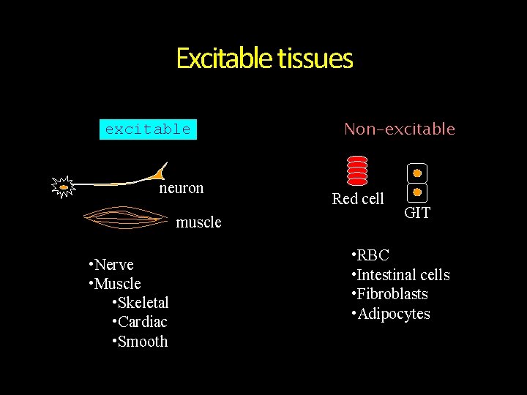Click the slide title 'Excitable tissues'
[x=264, y=59]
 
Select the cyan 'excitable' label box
[x=148, y=129]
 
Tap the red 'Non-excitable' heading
[x=400, y=129]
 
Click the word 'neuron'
[x=182, y=188]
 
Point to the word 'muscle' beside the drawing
[x=198, y=222]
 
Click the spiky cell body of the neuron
[x=64, y=187]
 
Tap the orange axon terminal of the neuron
[x=157, y=174]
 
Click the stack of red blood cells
[x=357, y=170]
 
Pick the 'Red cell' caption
[x=358, y=199]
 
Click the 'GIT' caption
[x=417, y=214]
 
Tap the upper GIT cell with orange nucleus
[x=416, y=173]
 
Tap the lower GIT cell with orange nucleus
[x=416, y=192]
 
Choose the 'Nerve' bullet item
[x=111, y=264]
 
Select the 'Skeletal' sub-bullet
[x=141, y=303]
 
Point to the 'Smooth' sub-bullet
[x=140, y=342]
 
